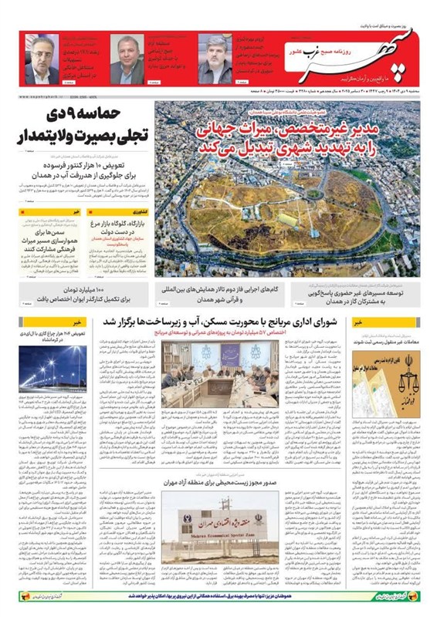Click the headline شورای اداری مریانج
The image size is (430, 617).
coord(223,322)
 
